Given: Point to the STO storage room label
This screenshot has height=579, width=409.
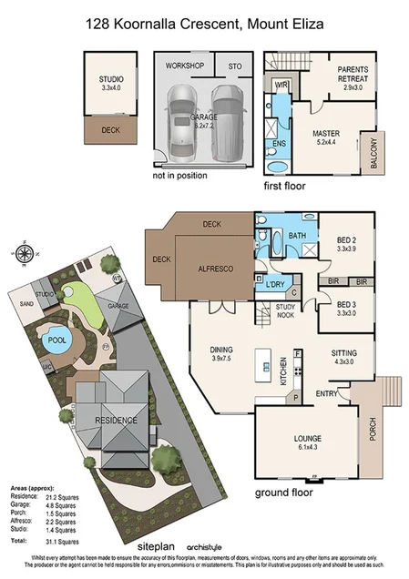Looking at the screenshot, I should pos(234,66).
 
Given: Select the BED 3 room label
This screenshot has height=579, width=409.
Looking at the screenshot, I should pos(343,309).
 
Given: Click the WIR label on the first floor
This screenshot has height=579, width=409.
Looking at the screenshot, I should pos(281,86).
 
